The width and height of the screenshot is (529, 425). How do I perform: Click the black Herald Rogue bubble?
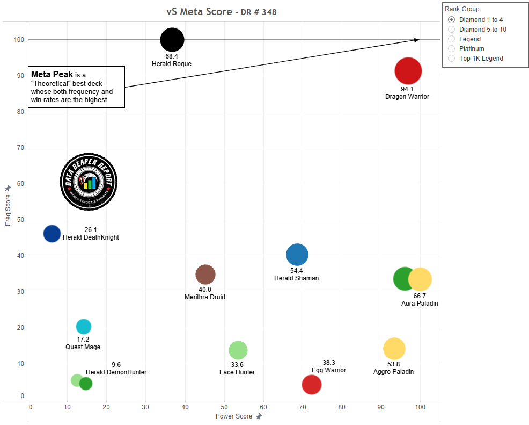(x=172, y=39)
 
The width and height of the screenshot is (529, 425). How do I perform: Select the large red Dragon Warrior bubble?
(x=408, y=71)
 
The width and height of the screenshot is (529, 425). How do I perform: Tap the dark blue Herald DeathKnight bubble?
(x=52, y=234)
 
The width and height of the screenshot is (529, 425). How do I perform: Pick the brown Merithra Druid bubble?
(x=205, y=275)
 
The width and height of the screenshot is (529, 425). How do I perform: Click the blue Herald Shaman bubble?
(x=297, y=255)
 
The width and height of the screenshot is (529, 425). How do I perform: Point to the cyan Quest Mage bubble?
(x=84, y=327)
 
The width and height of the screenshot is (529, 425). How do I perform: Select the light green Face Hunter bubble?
(x=238, y=350)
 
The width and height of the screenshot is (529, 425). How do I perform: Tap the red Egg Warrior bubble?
(x=312, y=384)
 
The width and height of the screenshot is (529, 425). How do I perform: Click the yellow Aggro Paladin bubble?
(x=394, y=349)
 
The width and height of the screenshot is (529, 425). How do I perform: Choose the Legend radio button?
(x=451, y=39)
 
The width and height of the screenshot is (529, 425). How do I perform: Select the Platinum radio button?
(x=451, y=49)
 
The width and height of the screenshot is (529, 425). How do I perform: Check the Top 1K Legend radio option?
(x=451, y=59)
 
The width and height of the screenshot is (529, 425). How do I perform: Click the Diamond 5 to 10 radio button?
(x=451, y=30)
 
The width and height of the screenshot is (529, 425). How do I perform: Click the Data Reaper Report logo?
(x=89, y=181)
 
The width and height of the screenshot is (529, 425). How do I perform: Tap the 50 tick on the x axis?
(x=225, y=407)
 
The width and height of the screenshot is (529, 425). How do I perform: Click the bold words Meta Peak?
(x=52, y=74)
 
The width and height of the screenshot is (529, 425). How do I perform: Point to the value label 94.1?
(x=407, y=89)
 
